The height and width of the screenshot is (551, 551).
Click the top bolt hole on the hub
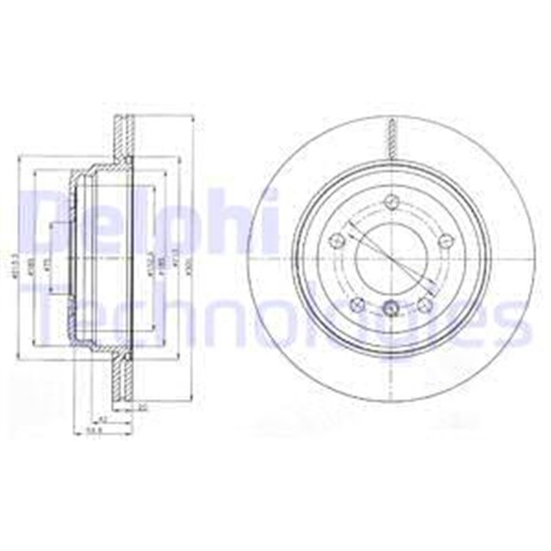point(392,201)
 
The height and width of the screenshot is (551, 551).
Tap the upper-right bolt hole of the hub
point(445,242)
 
